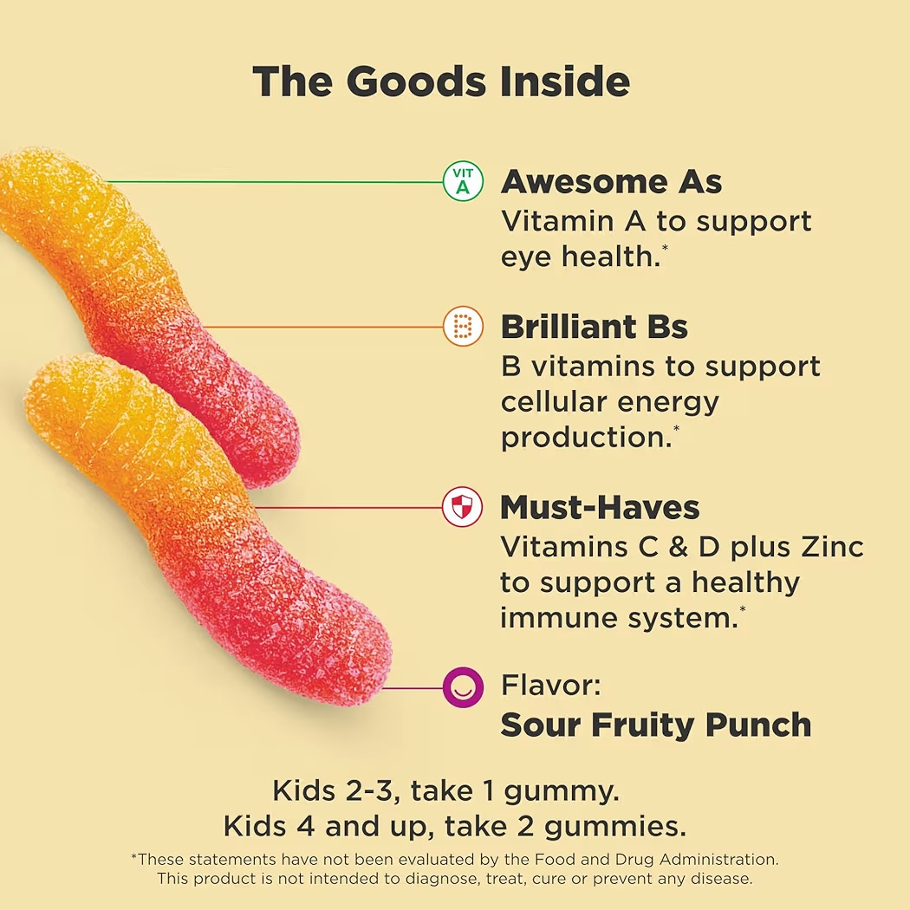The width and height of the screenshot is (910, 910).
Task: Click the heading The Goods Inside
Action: [x=441, y=82]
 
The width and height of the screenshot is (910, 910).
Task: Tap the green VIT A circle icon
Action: [x=462, y=182]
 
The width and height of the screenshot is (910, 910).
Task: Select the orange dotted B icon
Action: [x=462, y=328]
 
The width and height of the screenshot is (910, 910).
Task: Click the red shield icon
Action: [x=462, y=507]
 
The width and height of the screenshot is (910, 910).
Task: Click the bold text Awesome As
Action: [x=611, y=182]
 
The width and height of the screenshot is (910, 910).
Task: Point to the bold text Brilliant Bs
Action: [x=595, y=328]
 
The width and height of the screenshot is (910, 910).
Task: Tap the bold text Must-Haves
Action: [x=600, y=507]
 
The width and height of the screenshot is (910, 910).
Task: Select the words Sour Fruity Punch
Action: [x=656, y=725]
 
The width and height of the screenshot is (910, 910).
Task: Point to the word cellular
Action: [x=551, y=402]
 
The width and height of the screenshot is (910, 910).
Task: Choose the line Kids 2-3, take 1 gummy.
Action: [x=445, y=790]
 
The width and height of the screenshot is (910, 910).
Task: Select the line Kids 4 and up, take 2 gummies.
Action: [x=454, y=826]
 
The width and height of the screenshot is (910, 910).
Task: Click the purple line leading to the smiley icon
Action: [x=413, y=688]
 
